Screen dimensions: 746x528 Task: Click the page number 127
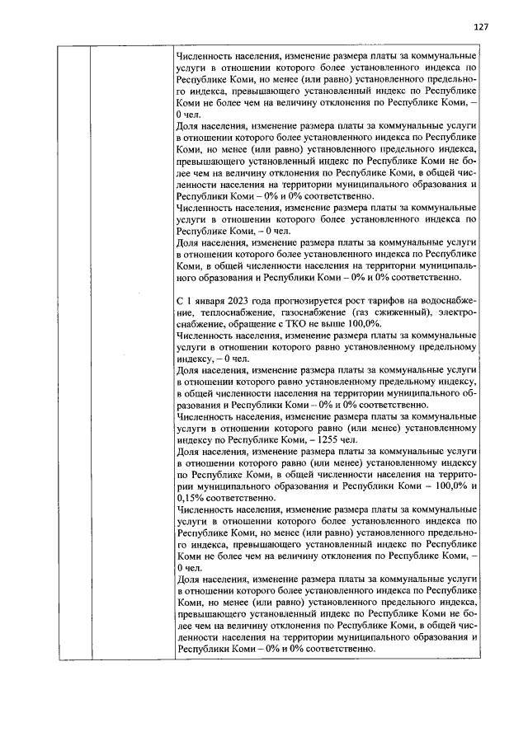point(482,27)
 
